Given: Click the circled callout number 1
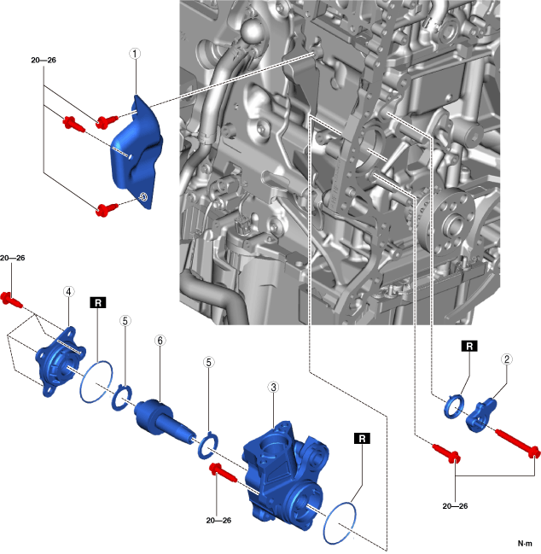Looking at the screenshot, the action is [136, 53].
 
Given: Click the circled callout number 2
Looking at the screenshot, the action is [507, 360].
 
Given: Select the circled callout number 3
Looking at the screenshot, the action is [273, 388].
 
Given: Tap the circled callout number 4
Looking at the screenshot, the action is [67, 291].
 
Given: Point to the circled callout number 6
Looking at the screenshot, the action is [159, 340].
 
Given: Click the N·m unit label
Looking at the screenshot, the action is [526, 544].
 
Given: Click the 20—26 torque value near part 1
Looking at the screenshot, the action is [44, 61].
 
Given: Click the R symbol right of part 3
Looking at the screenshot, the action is [362, 437].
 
